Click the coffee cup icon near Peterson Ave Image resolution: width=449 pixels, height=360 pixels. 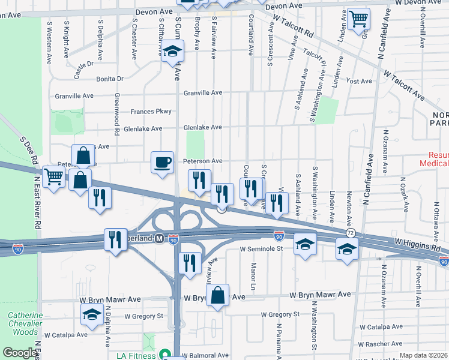[x=162, y=162]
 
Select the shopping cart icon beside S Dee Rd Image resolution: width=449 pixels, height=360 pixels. [x=54, y=176]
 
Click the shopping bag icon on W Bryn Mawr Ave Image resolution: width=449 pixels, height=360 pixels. [x=218, y=295]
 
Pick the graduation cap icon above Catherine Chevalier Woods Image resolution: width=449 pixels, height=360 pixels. [x=92, y=314]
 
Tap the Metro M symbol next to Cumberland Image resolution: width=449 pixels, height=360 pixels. [x=159, y=238]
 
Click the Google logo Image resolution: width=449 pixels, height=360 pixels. [x=20, y=353]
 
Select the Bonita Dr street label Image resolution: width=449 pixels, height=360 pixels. [x=110, y=79]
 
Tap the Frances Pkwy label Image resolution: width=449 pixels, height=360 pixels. [x=151, y=112]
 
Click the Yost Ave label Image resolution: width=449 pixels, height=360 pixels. [x=360, y=81]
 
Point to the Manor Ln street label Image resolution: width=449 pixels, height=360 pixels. [x=254, y=272]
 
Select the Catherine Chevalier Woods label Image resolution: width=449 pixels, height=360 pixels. [x=25, y=323]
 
